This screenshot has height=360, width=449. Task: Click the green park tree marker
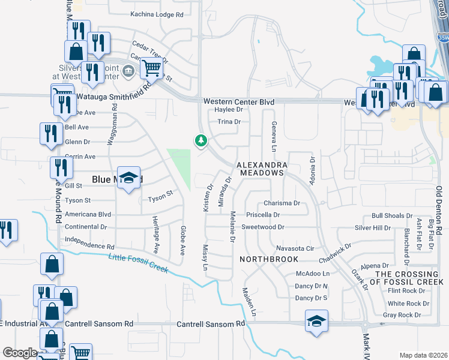pos(200,141)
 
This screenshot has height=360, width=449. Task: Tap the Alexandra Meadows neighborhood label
pos(261,169)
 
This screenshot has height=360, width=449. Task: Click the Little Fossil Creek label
pos(138,263)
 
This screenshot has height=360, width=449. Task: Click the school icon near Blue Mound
pos(128,178)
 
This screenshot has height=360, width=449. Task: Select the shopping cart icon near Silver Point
pos(152,68)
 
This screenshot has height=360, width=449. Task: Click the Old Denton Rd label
pos(439,210)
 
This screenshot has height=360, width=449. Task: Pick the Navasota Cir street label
pos(295,248)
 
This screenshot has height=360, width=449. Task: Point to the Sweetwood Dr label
pos(262,227)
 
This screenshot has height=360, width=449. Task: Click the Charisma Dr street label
pos(282,203)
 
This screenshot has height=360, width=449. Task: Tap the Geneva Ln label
pos(274,136)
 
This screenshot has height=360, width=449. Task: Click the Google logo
pos(20,353)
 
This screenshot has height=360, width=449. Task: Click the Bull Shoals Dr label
pos(392,215)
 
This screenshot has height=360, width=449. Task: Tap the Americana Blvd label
pos(88,214)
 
